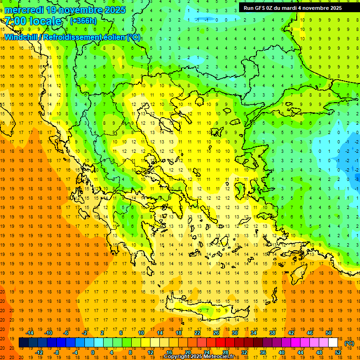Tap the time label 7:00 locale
33,21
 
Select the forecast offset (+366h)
83,21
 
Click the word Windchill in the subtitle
22,37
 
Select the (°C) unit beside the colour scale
349,343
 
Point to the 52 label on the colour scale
338,352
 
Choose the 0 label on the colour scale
92,352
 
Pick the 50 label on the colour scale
328,333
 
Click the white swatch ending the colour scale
333,343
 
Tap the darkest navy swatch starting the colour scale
23,343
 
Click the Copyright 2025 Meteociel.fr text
199,357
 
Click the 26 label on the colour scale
216,333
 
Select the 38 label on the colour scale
272,333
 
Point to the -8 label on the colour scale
57,352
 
